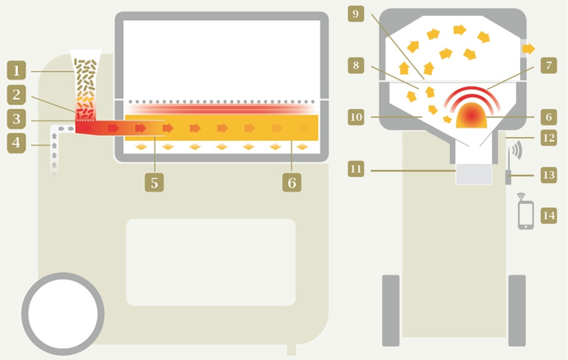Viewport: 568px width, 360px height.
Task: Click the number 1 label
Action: pyautogui.click(x=16, y=70)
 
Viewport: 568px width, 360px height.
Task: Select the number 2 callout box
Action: pyautogui.click(x=16, y=95)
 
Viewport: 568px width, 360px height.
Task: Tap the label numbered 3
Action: pyautogui.click(x=16, y=119)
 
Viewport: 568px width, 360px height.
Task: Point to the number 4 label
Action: pyautogui.click(x=16, y=143)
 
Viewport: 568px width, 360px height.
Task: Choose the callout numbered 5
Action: pyautogui.click(x=155, y=183)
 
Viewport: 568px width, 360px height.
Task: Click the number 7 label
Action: pyautogui.click(x=549, y=66)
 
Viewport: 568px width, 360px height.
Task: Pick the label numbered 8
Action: pyautogui.click(x=356, y=66)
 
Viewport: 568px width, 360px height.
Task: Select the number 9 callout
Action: pyautogui.click(x=356, y=14)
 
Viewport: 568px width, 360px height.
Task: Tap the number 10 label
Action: pyautogui.click(x=356, y=117)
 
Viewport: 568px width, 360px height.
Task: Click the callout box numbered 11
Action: pyautogui.click(x=356, y=169)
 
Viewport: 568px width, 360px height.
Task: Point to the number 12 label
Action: pyautogui.click(x=549, y=138)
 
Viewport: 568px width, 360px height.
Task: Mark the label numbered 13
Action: pyautogui.click(x=549, y=175)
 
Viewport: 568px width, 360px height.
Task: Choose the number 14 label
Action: pyautogui.click(x=549, y=215)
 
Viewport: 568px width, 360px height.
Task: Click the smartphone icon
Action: pyautogui.click(x=526, y=215)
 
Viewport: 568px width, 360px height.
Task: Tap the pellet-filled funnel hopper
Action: pyautogui.click(x=85, y=85)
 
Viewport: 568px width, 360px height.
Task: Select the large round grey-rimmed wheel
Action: pyautogui.click(x=63, y=314)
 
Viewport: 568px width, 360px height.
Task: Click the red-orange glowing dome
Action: pyautogui.click(x=471, y=116)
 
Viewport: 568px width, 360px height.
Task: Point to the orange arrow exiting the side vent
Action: pyautogui.click(x=529, y=49)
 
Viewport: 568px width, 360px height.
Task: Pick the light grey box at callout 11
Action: pyautogui.click(x=474, y=174)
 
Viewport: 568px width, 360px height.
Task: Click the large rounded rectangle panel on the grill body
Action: pyautogui.click(x=211, y=262)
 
